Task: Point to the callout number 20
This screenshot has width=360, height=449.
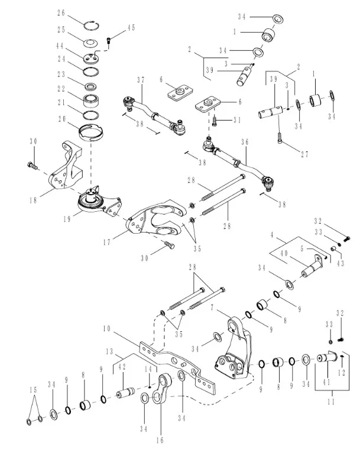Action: [x=61, y=118]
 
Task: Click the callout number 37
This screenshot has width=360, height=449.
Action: [x=141, y=80]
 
